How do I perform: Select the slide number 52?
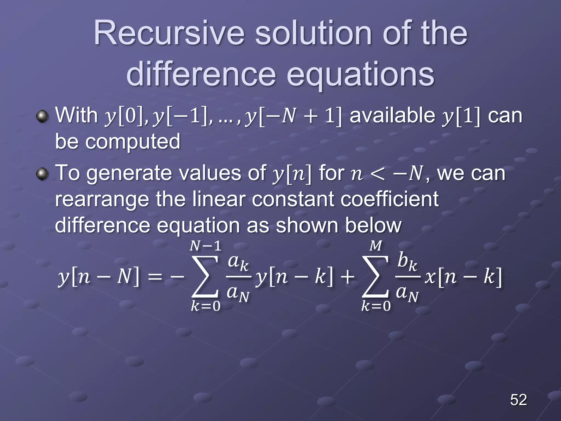pyautogui.click(x=518, y=400)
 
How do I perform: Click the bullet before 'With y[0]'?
pyautogui.click(x=42, y=116)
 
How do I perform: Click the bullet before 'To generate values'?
pyautogui.click(x=42, y=174)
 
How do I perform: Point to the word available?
pyautogui.click(x=392, y=115)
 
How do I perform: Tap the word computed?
pyautogui.click(x=133, y=141)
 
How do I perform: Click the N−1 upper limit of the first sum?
pyautogui.click(x=205, y=246)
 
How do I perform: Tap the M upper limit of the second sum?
pyautogui.click(x=376, y=246)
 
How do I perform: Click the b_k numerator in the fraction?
pyautogui.click(x=407, y=261)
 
